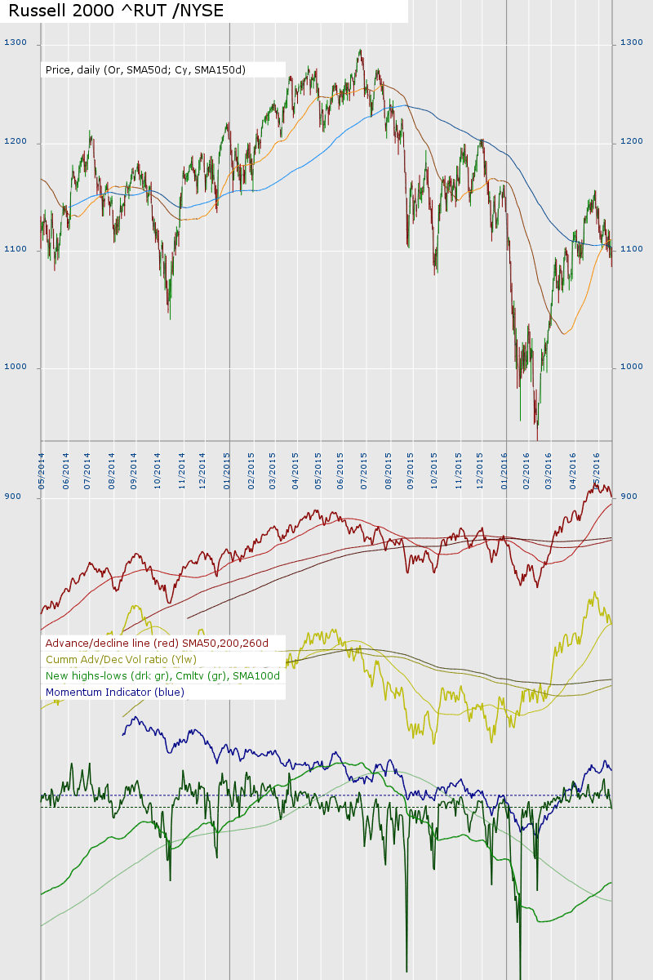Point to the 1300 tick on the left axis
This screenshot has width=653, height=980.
[x=16, y=42]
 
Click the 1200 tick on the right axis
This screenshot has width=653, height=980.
[x=632, y=142]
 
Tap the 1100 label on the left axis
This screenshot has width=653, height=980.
[x=16, y=248]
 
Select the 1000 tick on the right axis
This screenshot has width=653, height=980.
[x=632, y=367]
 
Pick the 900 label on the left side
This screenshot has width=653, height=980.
[x=12, y=497]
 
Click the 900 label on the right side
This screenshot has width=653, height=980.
[x=629, y=497]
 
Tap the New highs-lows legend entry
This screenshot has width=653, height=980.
[x=162, y=676]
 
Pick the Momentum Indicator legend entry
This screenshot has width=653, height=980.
[x=115, y=693]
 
